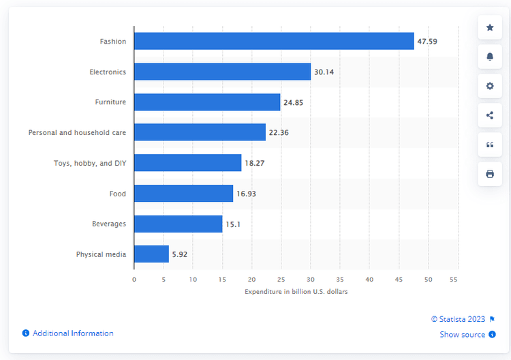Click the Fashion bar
coord(274,41)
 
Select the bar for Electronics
coord(222,72)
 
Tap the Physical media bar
coord(151,254)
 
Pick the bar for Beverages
coord(178,224)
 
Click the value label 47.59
coord(427,42)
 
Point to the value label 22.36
coord(279,133)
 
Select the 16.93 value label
coord(246,194)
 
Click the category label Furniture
coord(110,102)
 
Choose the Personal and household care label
coord(77,133)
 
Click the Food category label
coord(118,194)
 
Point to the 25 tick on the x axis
coord(281,280)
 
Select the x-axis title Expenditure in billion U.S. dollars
coord(296,292)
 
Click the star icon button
coord(489,28)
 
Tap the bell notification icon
coord(489,57)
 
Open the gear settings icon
coord(489,86)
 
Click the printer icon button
coord(489,174)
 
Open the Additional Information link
coord(72,333)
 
